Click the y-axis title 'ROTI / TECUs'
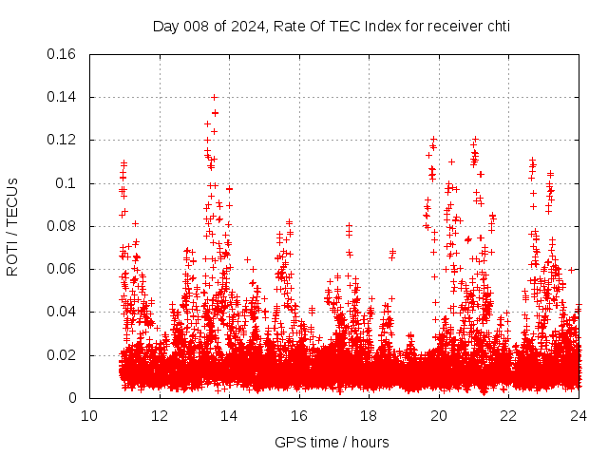pos(13,226)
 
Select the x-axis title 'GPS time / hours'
pos(332,442)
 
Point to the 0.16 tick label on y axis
pos(63,54)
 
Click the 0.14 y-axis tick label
pos(63,97)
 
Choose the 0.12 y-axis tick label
pos(63,141)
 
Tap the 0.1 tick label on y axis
pos(67,183)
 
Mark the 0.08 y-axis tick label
pos(63,226)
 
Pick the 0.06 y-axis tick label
pos(63,269)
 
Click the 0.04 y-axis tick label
pos(63,313)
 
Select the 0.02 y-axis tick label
pos(63,355)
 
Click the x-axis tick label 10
pos(89,415)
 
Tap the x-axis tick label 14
pos(229,415)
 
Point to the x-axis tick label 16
pos(299,415)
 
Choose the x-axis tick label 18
pos(369,415)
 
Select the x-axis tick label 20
pos(439,415)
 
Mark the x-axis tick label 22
pos(508,415)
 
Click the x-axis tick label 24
pos(579,415)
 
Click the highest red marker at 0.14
pos(215,97)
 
